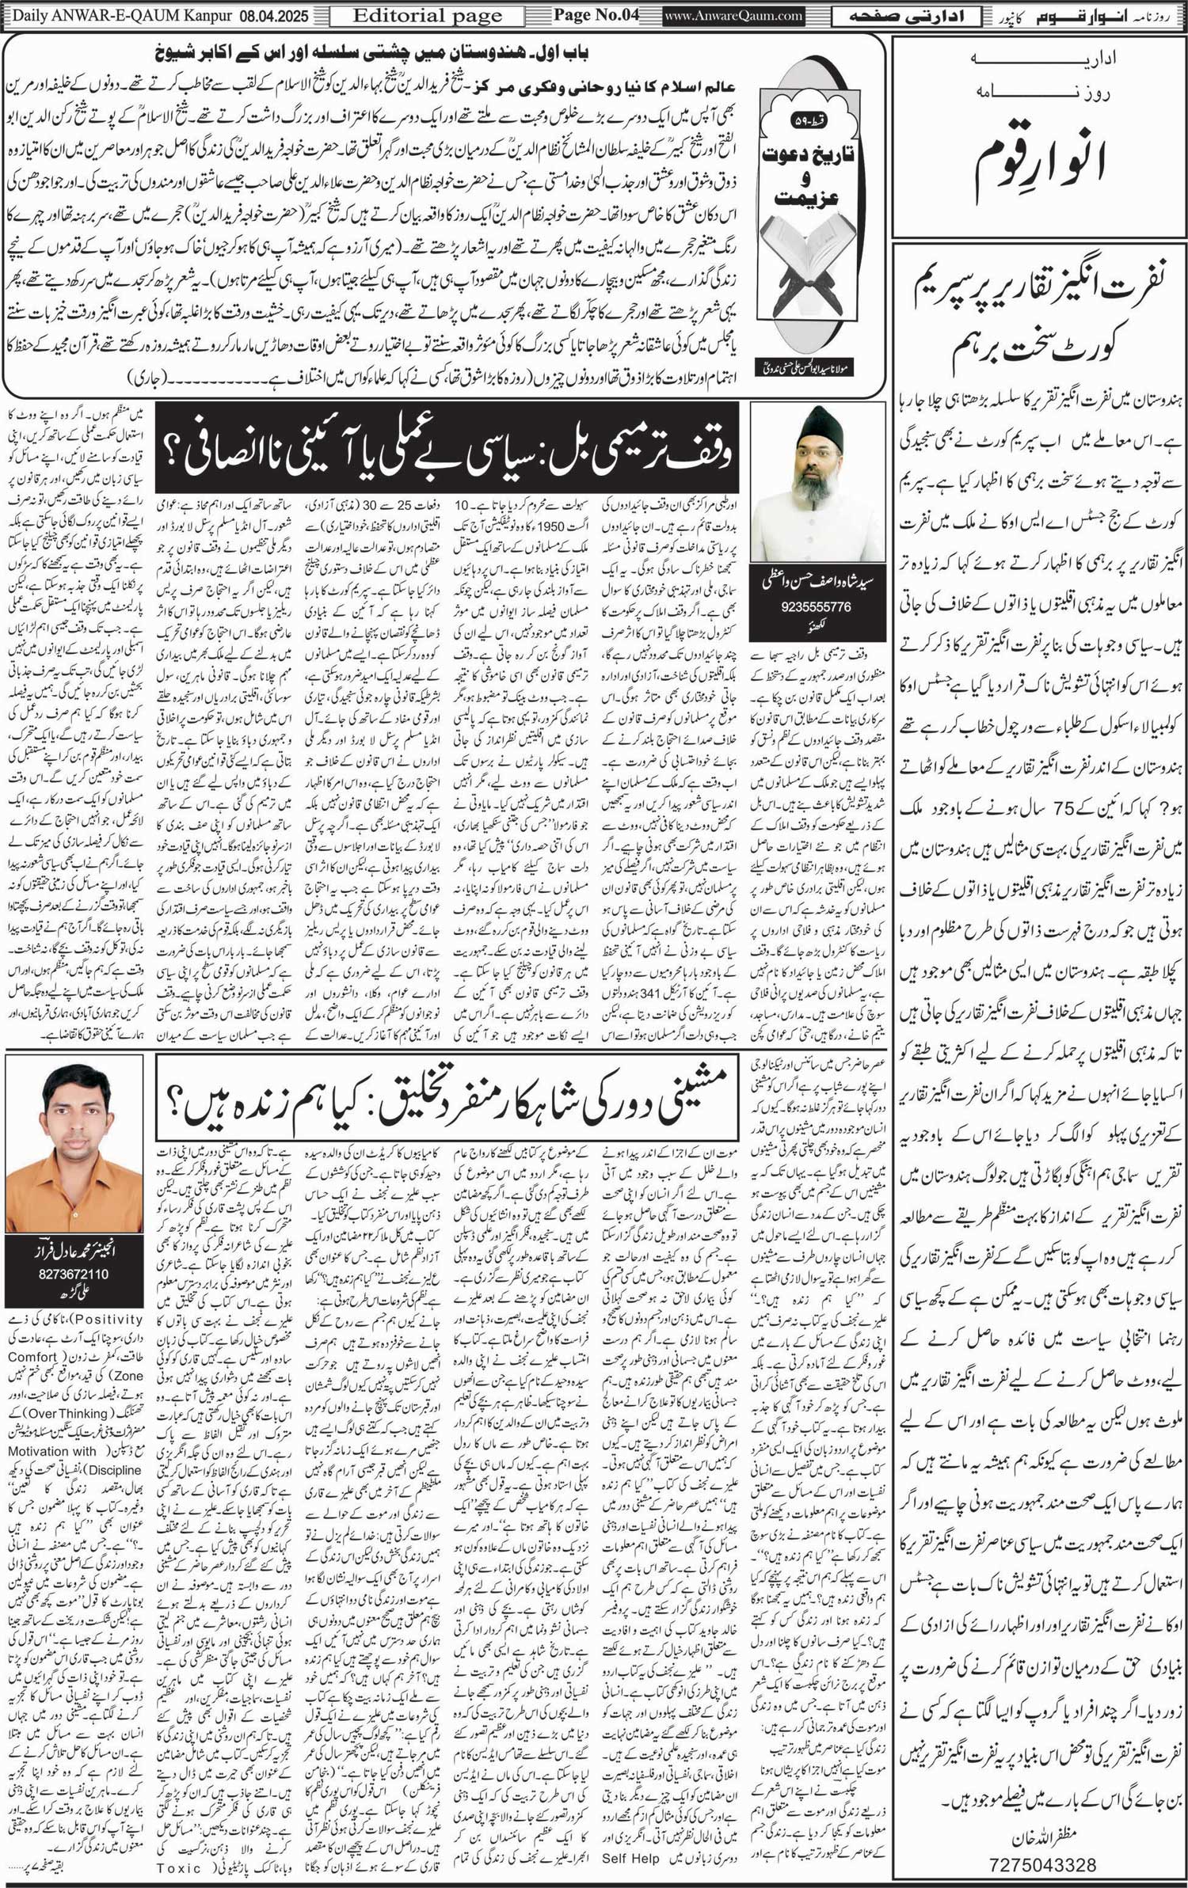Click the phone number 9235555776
point(805,606)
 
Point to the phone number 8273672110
point(74,1274)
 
